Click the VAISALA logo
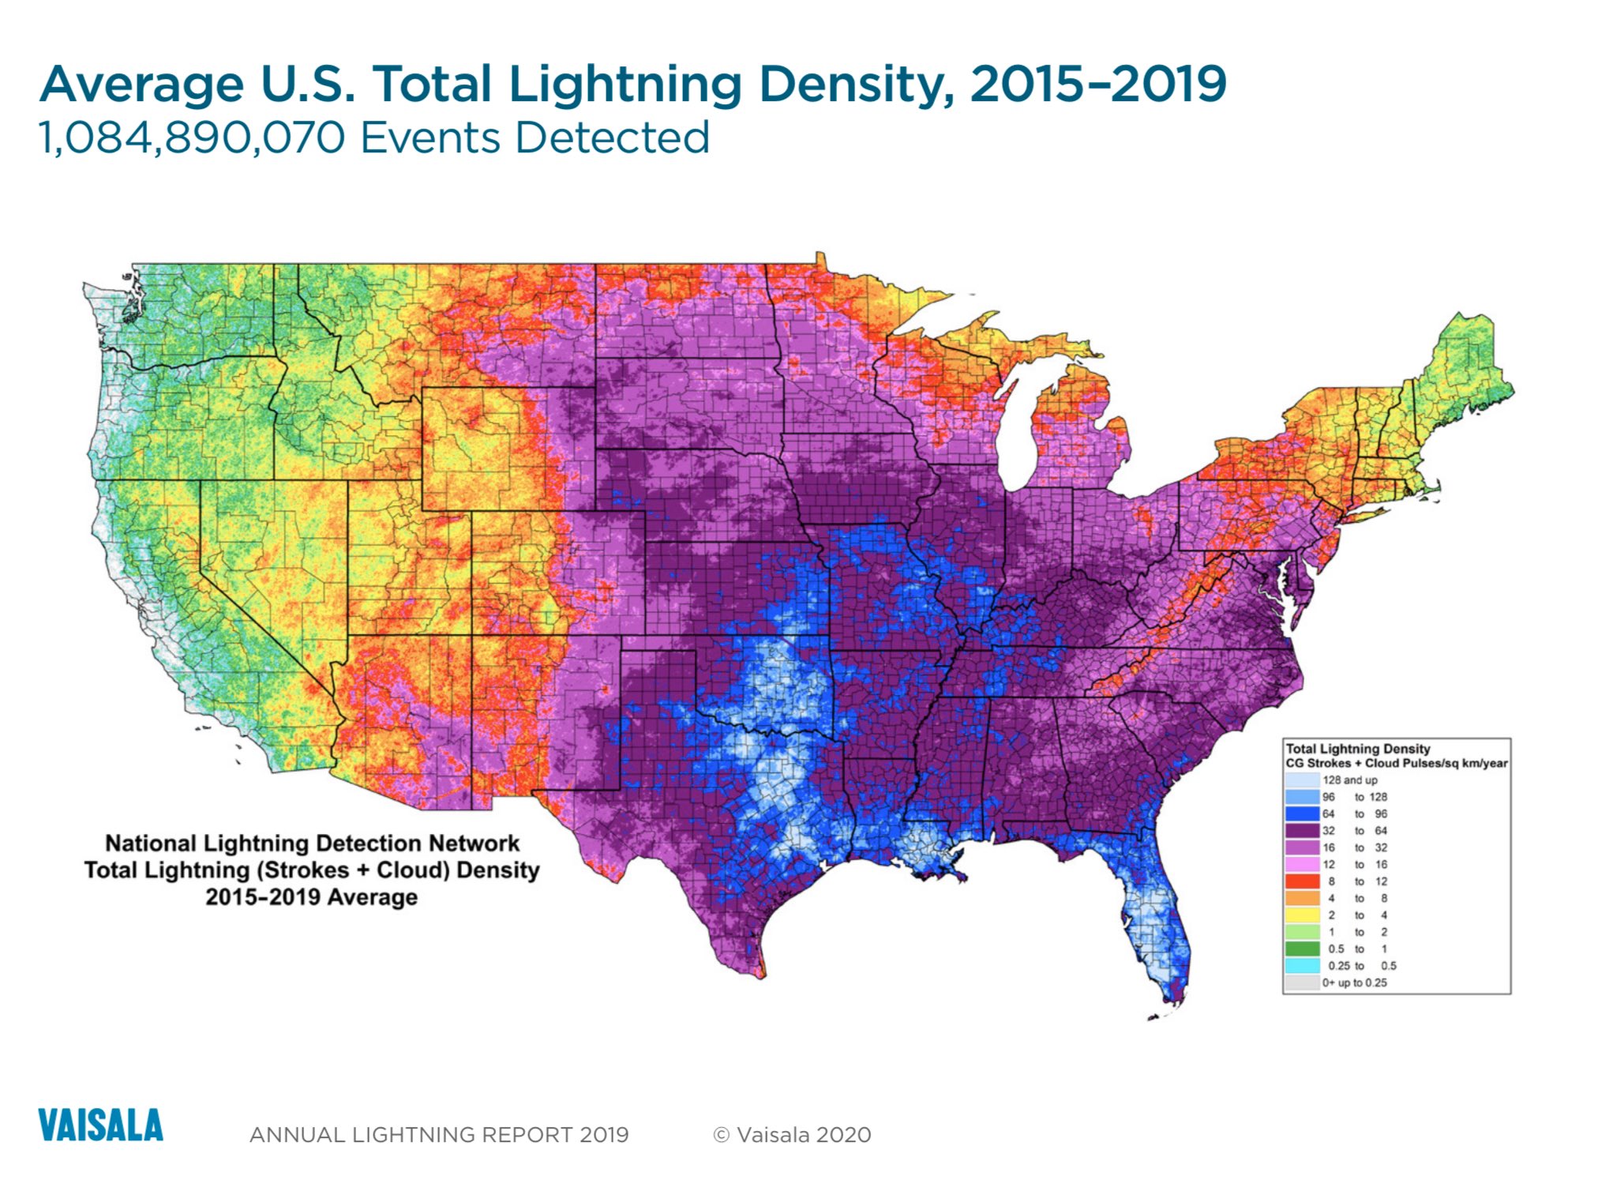pyautogui.click(x=100, y=1125)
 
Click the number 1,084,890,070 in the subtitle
pyautogui.click(x=192, y=138)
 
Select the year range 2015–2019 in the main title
pyautogui.click(x=1098, y=84)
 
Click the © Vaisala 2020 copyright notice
pyautogui.click(x=792, y=1135)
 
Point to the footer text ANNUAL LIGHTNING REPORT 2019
pyautogui.click(x=439, y=1135)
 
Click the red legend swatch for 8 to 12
pyautogui.click(x=1302, y=881)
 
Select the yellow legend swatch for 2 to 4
pyautogui.click(x=1302, y=915)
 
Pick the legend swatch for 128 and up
pyautogui.click(x=1302, y=780)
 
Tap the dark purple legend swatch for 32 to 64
pyautogui.click(x=1302, y=831)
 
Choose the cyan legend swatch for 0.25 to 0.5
pyautogui.click(x=1302, y=966)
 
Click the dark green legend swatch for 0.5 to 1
pyautogui.click(x=1302, y=949)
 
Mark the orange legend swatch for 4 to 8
pyautogui.click(x=1302, y=898)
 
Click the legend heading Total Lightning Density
pyautogui.click(x=1358, y=749)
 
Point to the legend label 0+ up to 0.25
pyautogui.click(x=1355, y=982)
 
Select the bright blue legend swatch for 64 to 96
pyautogui.click(x=1302, y=813)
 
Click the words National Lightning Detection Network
pyautogui.click(x=313, y=843)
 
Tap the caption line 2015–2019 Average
pyautogui.click(x=312, y=897)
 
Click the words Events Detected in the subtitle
pyautogui.click(x=535, y=138)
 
